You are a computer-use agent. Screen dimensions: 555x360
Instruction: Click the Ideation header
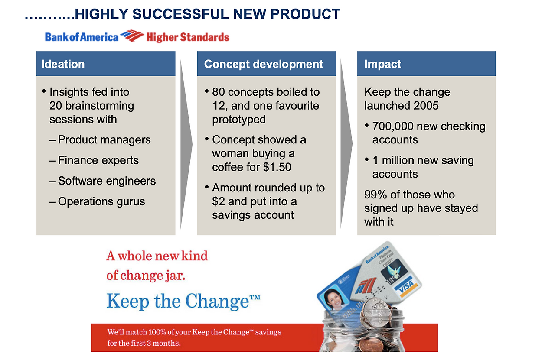click(63, 64)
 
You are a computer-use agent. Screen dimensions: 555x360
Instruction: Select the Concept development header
click(263, 65)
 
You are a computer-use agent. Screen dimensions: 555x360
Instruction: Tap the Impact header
click(382, 64)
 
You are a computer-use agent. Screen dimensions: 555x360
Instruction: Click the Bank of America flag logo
click(132, 36)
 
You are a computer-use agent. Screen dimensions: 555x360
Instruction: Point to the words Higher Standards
click(188, 37)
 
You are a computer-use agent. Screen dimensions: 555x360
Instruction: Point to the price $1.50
click(277, 167)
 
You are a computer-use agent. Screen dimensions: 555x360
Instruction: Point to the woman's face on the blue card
click(332, 298)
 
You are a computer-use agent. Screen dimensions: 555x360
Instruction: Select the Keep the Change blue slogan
click(183, 302)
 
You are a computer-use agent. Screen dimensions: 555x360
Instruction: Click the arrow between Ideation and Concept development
click(186, 144)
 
